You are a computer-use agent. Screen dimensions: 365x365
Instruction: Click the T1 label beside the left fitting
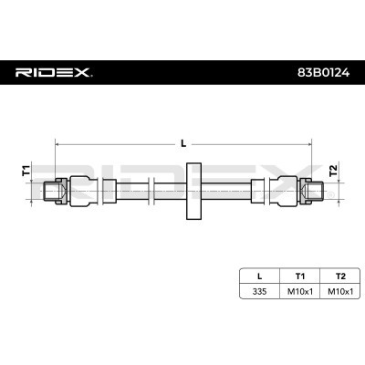pyautogui.click(x=26, y=171)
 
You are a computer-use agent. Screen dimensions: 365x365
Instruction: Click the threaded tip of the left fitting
pyautogui.click(x=49, y=190)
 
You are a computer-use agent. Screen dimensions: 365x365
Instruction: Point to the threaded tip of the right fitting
pyautogui.click(x=316, y=190)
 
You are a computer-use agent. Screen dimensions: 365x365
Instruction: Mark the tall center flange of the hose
pyautogui.click(x=192, y=190)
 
